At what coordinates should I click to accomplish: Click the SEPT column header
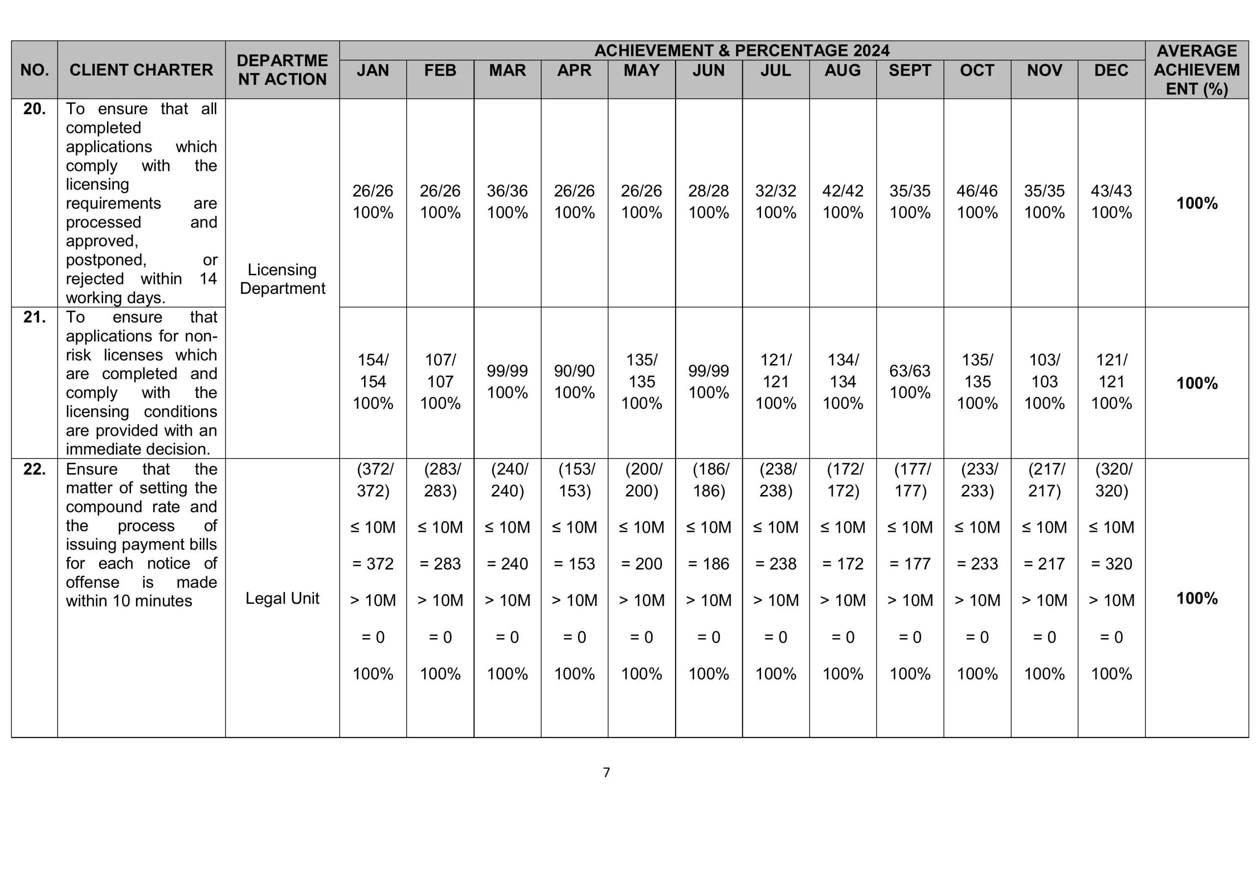coord(910,71)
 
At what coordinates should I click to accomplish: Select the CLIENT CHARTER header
coord(141,70)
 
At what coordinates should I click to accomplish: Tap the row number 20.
coord(34,109)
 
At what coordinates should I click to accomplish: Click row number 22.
coord(34,469)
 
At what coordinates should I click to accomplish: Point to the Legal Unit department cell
coord(282,598)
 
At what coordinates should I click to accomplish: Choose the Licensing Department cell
coord(282,279)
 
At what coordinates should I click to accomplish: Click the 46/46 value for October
coord(977,191)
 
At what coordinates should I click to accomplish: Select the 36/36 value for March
coord(507,191)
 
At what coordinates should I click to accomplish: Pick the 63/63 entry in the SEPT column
coord(910,371)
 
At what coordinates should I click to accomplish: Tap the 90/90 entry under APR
coord(575,371)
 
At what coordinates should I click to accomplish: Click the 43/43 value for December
coord(1111,191)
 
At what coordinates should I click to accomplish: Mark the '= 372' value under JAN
coord(373,564)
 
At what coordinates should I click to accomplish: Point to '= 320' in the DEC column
coord(1111,564)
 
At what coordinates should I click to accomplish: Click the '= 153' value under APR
coord(575,564)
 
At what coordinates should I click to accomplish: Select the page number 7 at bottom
coord(606,773)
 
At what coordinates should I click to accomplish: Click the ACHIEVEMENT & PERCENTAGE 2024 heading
coord(742,51)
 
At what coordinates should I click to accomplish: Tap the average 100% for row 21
coord(1197,383)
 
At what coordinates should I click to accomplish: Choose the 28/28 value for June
coord(708,191)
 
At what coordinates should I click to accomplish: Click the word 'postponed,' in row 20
coord(106,260)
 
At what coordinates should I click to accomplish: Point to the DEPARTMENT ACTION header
coord(282,70)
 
